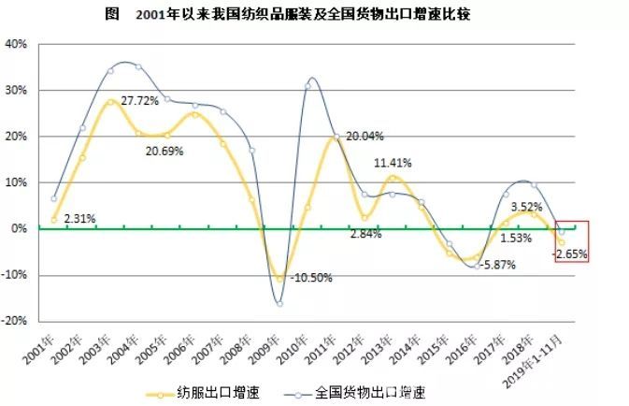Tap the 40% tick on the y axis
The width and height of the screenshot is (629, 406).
16,44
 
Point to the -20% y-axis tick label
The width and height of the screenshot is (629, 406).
14,320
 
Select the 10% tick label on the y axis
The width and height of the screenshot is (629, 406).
16,181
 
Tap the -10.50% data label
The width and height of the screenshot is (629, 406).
310,278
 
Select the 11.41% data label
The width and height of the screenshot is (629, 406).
394,162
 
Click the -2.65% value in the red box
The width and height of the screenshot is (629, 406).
570,253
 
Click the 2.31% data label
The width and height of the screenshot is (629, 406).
79,218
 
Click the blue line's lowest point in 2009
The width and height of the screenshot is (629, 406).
279,303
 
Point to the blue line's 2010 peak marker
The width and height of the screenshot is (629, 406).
307,86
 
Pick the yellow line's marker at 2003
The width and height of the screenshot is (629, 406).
110,102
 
